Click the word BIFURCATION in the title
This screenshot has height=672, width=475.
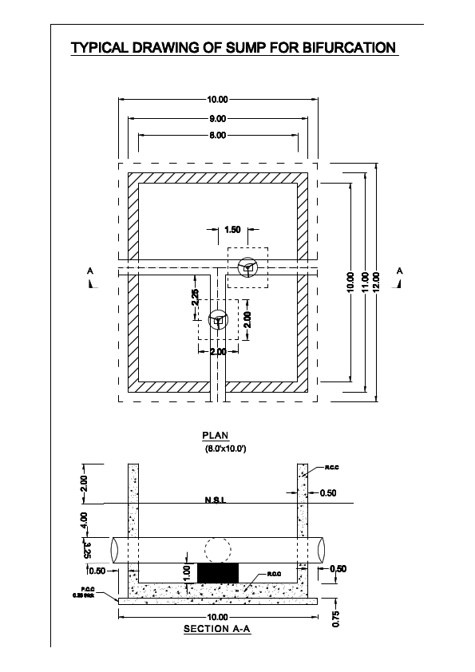pyautogui.click(x=350, y=49)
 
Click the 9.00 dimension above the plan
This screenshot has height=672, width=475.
pyautogui.click(x=217, y=118)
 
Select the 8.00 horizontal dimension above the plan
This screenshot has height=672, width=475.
pyautogui.click(x=217, y=136)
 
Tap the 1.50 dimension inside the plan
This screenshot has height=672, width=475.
pyautogui.click(x=232, y=230)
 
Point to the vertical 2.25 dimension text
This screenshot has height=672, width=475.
pyautogui.click(x=196, y=298)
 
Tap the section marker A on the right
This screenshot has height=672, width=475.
pyautogui.click(x=400, y=273)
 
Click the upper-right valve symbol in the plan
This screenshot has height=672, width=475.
pyautogui.click(x=248, y=267)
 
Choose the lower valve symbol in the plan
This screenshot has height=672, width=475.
pyautogui.click(x=218, y=320)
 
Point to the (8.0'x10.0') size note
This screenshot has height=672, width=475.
pyautogui.click(x=225, y=450)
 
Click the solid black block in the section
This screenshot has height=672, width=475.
pyautogui.click(x=218, y=572)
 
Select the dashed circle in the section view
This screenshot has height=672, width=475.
pyautogui.click(x=218, y=551)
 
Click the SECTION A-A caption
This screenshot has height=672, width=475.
pyautogui.click(x=216, y=629)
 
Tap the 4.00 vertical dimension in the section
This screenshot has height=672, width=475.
pyautogui.click(x=85, y=521)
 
